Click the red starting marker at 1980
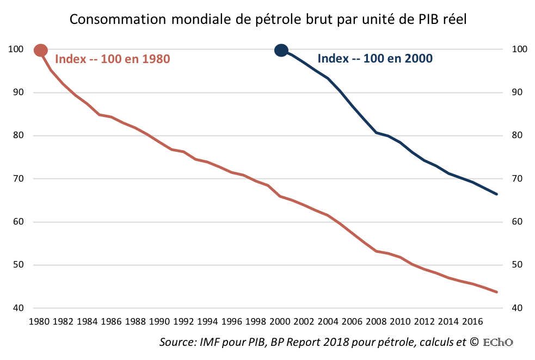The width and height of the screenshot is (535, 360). (41, 51)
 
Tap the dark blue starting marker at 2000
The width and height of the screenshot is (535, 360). (281, 51)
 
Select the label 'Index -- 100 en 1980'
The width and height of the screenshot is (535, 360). (113, 59)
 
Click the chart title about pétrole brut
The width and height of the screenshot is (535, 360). (268, 19)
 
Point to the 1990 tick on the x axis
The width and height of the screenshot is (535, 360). (159, 321)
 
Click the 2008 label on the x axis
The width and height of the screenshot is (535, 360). (374, 321)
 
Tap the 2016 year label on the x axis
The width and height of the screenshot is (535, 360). (470, 321)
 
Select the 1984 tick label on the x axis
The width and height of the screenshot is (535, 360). (87, 321)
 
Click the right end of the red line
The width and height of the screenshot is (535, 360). (496, 292)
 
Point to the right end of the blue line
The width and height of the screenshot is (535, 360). (496, 194)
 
